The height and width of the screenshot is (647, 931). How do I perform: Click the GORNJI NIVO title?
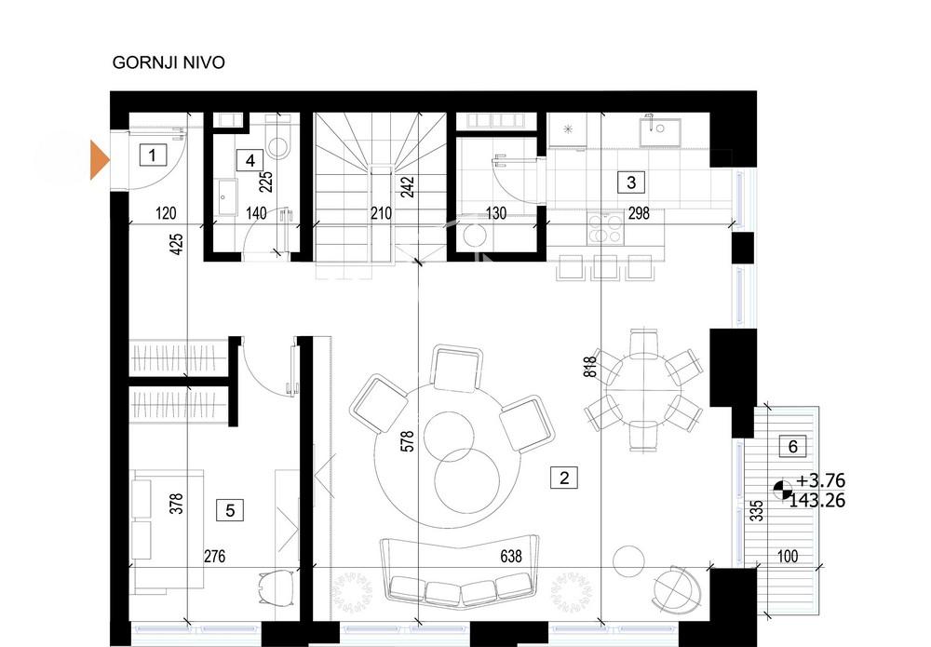point(169,62)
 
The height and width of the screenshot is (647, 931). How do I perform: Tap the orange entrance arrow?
point(100,160)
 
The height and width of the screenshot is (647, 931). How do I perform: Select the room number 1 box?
point(153,155)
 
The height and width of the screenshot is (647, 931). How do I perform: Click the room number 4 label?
point(250,160)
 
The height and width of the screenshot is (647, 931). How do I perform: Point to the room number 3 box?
point(631,182)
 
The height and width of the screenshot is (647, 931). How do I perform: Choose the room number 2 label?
point(564,478)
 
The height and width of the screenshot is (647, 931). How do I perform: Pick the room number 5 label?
point(230,510)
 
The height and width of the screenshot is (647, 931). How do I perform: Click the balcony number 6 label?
point(792,446)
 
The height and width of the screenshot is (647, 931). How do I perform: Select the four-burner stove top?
point(606,227)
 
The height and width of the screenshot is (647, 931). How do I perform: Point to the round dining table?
point(643,390)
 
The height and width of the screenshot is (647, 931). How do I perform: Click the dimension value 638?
point(511,556)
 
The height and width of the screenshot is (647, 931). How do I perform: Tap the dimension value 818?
point(590,367)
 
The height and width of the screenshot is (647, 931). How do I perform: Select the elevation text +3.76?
point(820,480)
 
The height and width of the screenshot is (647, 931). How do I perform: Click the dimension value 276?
point(214,556)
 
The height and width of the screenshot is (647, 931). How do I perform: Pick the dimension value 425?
point(176,245)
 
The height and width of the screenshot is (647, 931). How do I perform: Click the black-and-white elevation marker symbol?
point(783,490)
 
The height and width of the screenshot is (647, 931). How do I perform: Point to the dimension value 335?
point(756,511)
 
